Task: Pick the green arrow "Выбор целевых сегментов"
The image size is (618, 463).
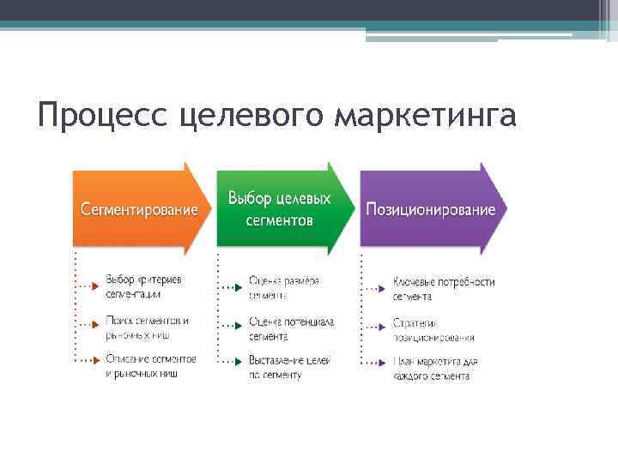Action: click(x=283, y=208)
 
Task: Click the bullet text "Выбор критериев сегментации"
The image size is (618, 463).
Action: click(x=143, y=286)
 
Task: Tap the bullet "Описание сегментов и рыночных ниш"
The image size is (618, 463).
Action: click(x=151, y=366)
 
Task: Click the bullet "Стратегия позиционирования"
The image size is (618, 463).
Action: click(x=433, y=330)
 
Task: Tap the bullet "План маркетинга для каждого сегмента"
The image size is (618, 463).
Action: click(x=435, y=369)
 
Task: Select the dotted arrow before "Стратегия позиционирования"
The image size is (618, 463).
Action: click(x=373, y=327)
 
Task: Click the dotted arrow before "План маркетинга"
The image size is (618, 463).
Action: click(x=373, y=364)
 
